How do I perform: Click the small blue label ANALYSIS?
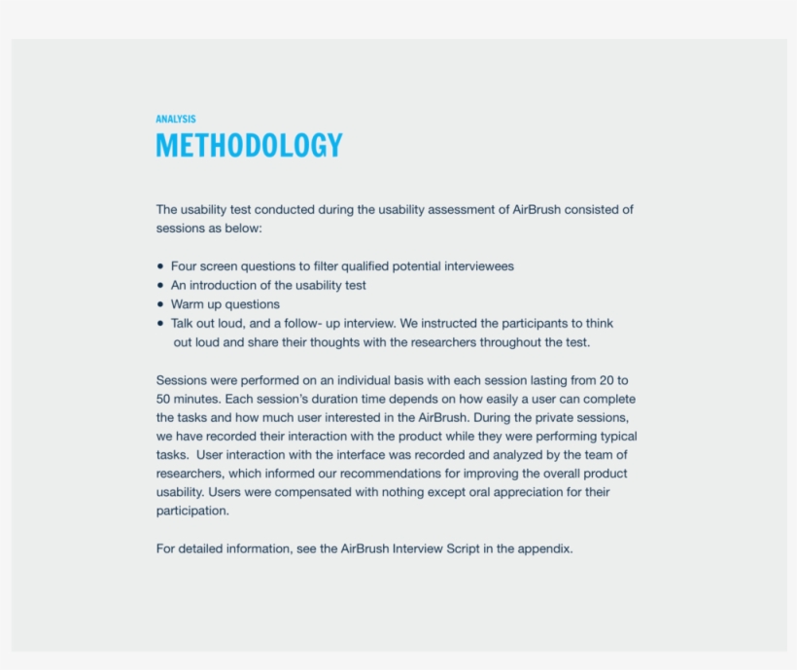click(175, 120)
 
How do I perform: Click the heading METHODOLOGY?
click(249, 146)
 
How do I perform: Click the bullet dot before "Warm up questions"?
click(160, 304)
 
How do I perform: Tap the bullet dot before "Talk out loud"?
click(160, 324)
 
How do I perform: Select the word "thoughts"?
click(358, 342)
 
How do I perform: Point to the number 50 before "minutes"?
click(164, 399)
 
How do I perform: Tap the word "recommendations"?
click(369, 474)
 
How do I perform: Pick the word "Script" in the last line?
click(465, 548)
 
